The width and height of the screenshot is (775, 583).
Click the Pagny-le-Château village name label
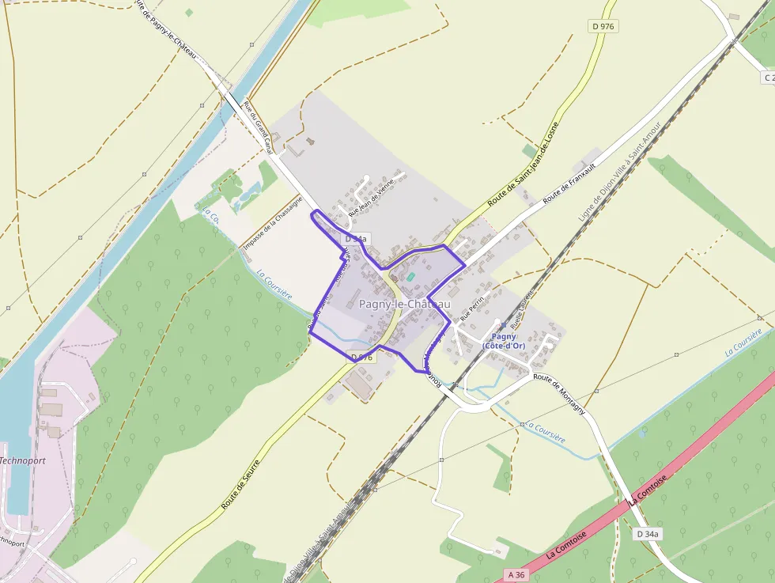click(x=405, y=304)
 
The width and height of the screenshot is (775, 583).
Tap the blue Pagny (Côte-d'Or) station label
click(x=504, y=341)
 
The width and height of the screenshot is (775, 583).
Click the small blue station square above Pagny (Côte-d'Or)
click(x=503, y=324)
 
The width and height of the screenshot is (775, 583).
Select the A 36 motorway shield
click(x=516, y=574)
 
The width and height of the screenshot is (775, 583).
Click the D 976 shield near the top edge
click(x=603, y=26)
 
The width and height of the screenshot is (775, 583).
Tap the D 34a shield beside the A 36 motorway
click(x=648, y=534)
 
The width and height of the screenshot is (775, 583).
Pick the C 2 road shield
click(x=768, y=78)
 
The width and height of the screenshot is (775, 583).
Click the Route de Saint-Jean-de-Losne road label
click(x=524, y=165)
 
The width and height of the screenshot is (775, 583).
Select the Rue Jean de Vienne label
click(x=371, y=197)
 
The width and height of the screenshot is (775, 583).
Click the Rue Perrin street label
click(x=471, y=307)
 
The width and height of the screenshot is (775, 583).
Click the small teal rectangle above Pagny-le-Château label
click(x=410, y=276)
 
